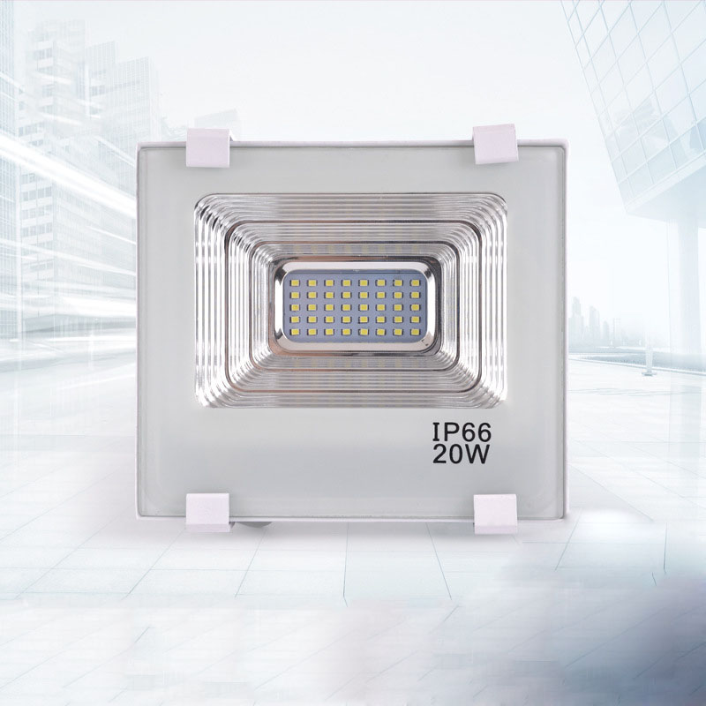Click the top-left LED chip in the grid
tap(295, 283)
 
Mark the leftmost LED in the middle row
tap(295, 308)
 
